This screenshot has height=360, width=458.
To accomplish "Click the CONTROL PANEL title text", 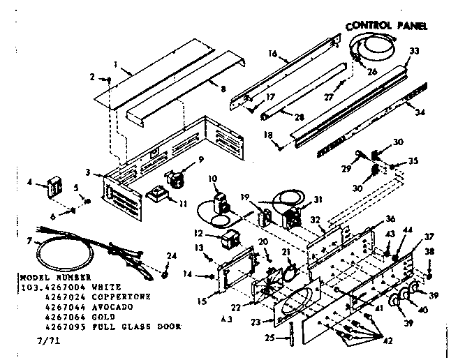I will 387,26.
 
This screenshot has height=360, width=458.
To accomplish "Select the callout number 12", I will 198,232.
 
